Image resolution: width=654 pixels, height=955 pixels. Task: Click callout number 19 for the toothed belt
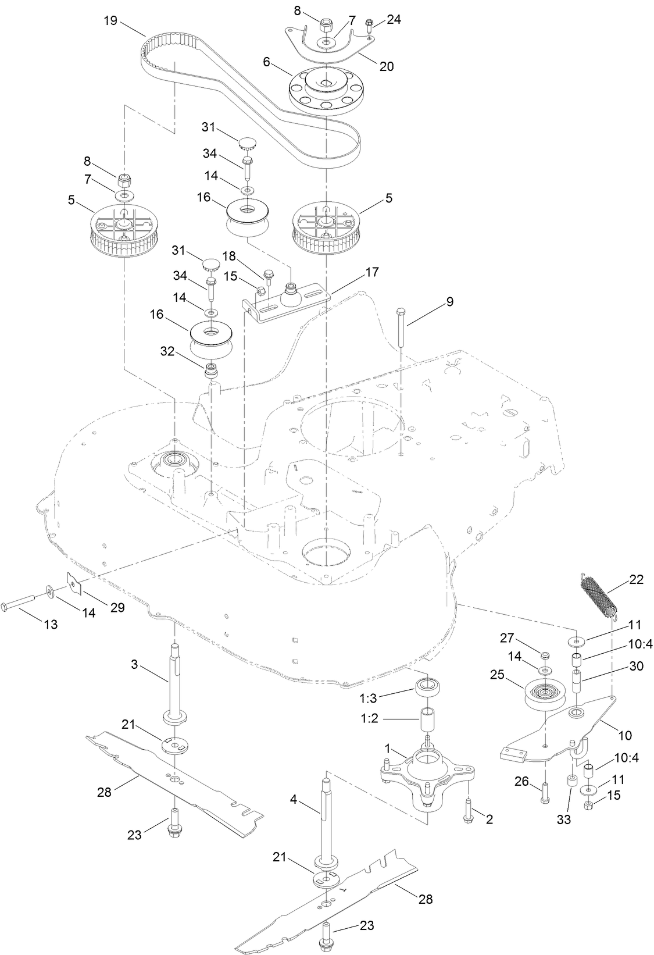110,21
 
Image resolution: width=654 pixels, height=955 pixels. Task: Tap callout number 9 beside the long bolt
450,302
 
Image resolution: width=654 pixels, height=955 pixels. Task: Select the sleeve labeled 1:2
428,719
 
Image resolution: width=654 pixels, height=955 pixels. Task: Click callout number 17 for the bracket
371,272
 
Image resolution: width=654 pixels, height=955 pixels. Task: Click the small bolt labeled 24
369,24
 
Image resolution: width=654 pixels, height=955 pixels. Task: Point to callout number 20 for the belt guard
387,66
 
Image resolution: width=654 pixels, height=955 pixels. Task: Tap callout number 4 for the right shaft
293,800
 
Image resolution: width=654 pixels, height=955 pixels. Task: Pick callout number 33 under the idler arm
564,819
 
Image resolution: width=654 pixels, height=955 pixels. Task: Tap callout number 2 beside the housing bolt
489,819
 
